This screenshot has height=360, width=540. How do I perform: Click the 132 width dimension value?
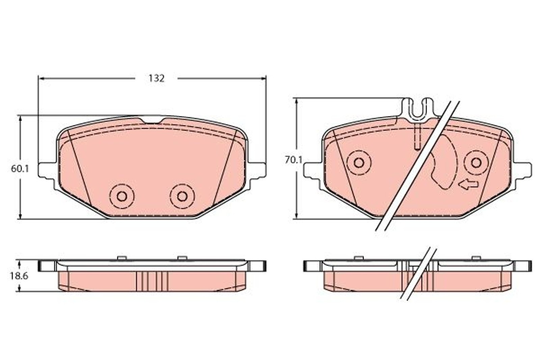coord(157,79)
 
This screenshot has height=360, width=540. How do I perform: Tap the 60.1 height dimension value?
coord(20,169)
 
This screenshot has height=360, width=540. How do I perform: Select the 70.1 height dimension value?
coord(293,160)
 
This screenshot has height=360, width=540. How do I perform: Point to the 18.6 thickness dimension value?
coord(19,276)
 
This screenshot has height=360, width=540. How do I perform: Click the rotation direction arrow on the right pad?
coord(468,184)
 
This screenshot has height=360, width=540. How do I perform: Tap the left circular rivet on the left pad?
coord(122,196)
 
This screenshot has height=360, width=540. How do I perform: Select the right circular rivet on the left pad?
coord(182,196)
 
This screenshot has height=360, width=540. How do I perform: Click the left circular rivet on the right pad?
coord(359,163)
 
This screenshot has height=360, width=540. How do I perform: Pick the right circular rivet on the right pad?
coord(476,163)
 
